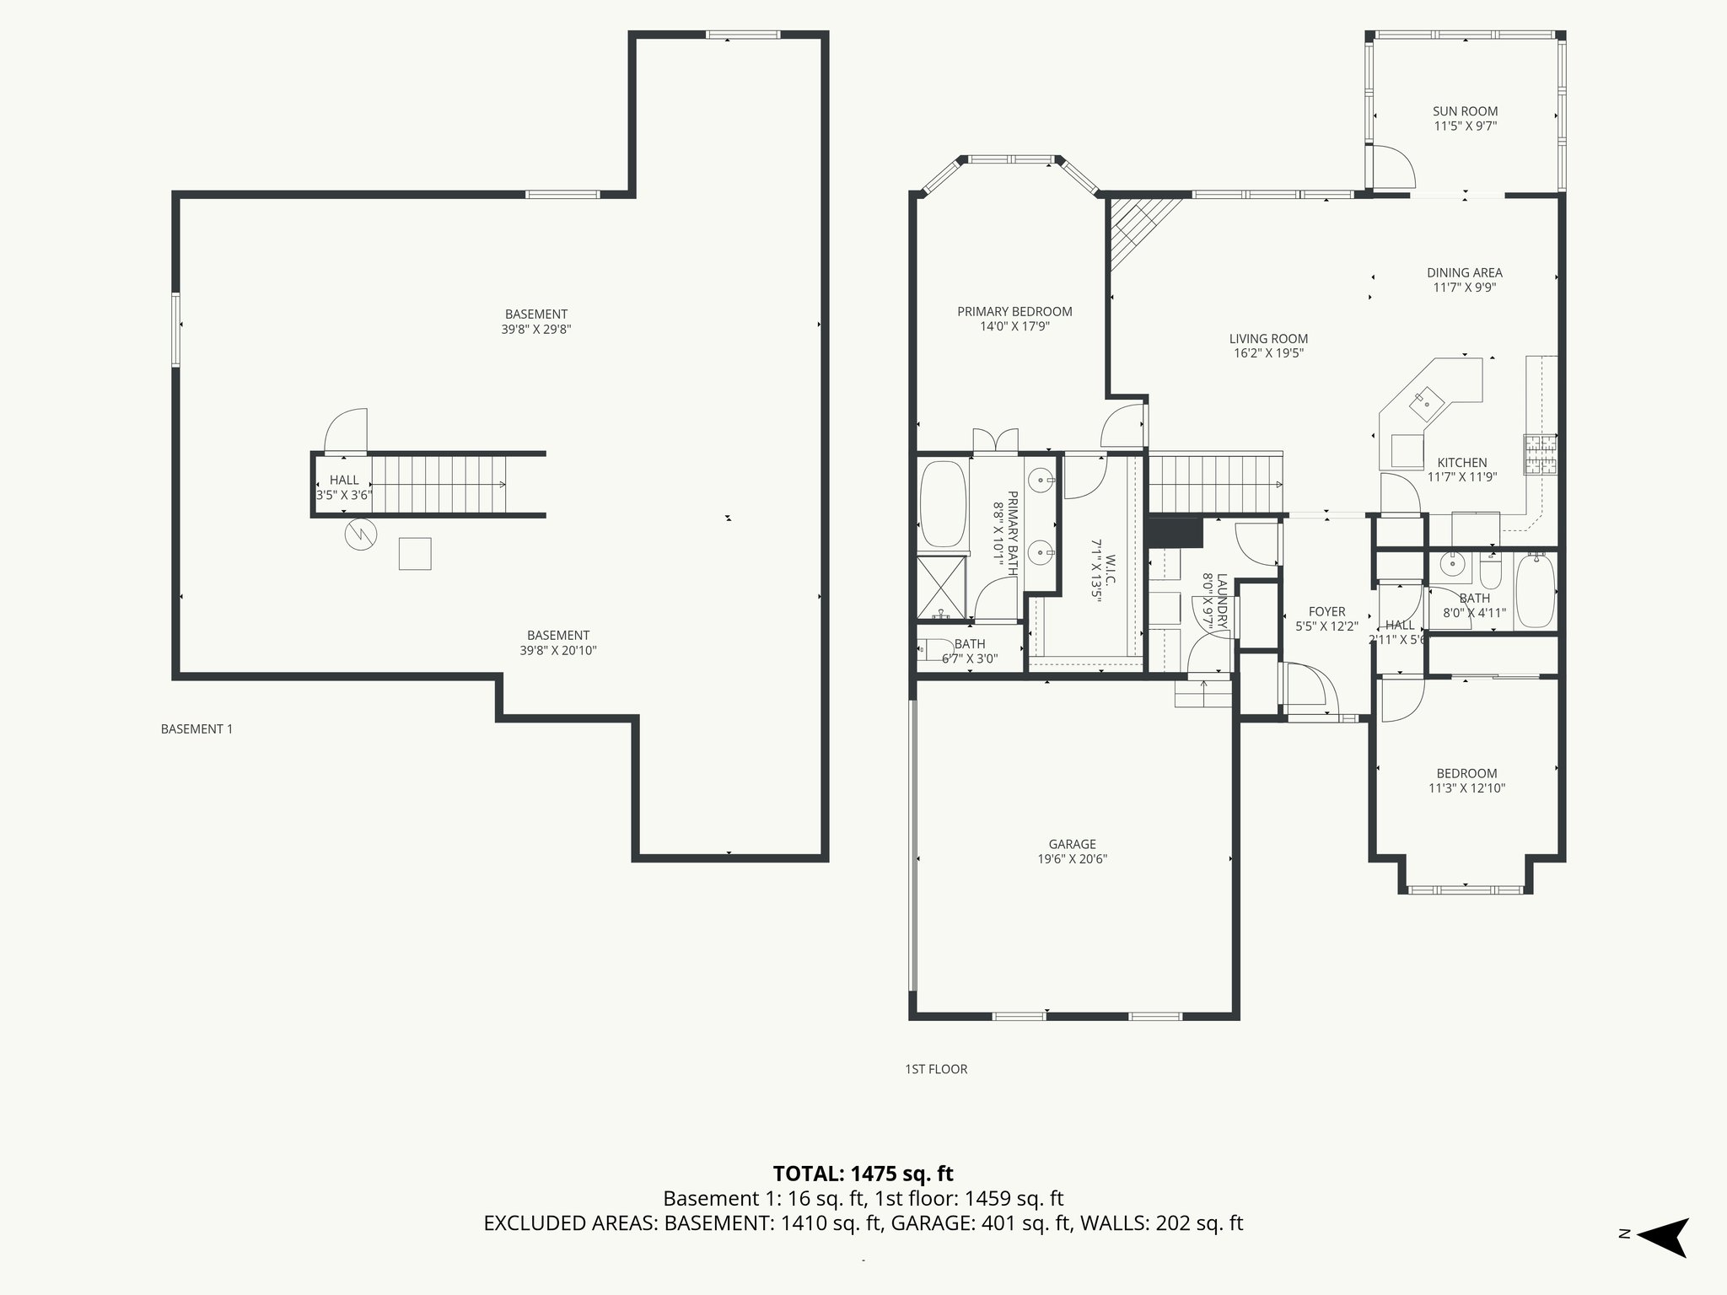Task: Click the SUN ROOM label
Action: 1465,111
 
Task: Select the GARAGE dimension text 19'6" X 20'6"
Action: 1072,859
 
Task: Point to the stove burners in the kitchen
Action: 1540,455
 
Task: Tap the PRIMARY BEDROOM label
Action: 1014,312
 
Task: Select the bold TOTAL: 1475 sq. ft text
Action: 863,1174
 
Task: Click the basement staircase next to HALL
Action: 438,484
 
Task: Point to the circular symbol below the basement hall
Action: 360,534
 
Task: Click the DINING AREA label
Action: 1464,273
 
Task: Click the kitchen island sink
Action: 1428,398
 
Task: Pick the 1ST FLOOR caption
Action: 936,1069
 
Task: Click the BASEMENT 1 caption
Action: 196,729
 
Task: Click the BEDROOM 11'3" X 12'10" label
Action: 1466,773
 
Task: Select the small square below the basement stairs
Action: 415,554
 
